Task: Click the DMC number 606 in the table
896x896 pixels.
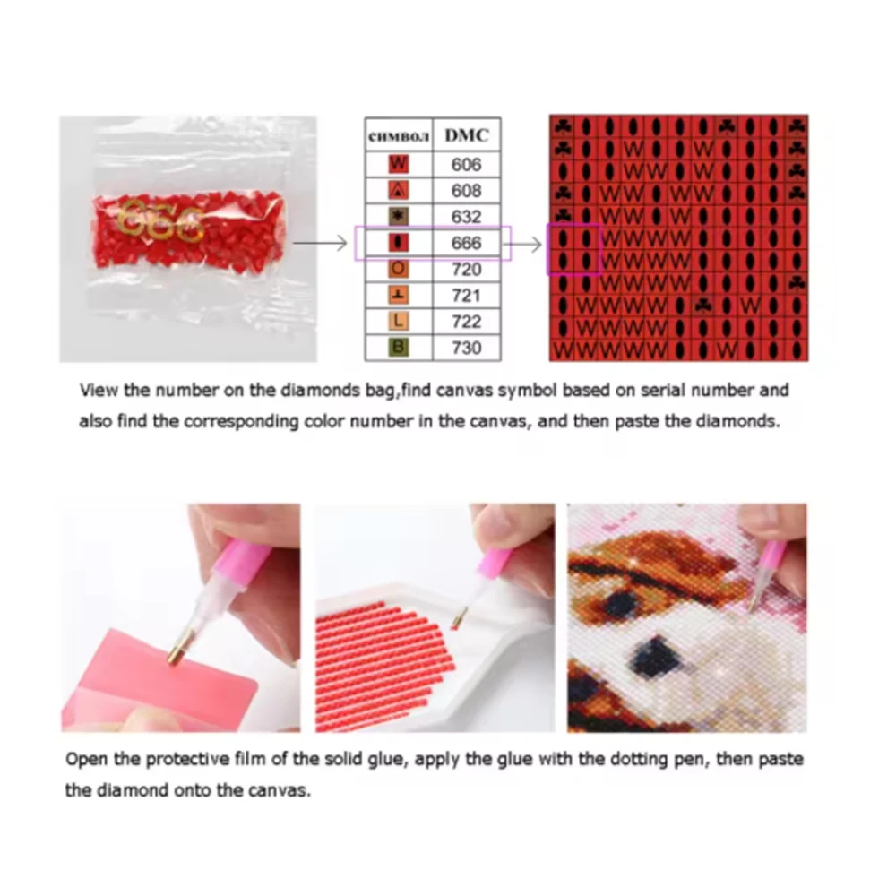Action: click(x=466, y=165)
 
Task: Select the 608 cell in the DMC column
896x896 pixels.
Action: click(x=466, y=191)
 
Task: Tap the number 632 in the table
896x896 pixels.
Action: click(x=466, y=217)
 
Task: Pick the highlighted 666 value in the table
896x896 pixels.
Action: click(x=466, y=244)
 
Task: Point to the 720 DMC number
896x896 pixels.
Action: click(x=466, y=270)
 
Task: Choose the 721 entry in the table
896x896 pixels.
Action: click(x=466, y=296)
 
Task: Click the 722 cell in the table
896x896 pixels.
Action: click(x=466, y=323)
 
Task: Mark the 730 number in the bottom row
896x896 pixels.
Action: click(x=466, y=348)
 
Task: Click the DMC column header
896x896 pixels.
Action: click(x=467, y=135)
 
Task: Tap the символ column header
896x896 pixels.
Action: click(x=399, y=137)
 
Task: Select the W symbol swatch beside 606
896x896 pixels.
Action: click(x=399, y=165)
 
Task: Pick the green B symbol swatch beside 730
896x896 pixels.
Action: click(x=399, y=348)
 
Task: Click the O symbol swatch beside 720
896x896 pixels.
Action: click(x=399, y=269)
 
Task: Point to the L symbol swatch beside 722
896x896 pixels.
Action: click(x=399, y=322)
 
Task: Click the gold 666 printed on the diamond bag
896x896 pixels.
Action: click(x=162, y=220)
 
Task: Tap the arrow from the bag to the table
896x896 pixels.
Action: click(x=320, y=244)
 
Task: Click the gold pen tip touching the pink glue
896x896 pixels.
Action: click(x=177, y=654)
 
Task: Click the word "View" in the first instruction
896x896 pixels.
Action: click(x=99, y=391)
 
